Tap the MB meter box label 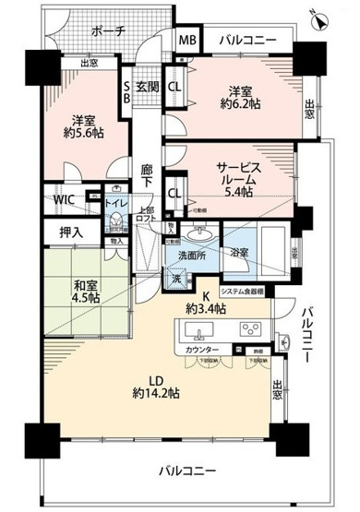(x=187, y=41)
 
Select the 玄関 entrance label (x=149, y=88)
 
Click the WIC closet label (x=64, y=198)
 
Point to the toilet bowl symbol (x=116, y=222)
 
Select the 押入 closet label (x=62, y=232)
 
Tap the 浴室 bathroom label (x=239, y=250)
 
